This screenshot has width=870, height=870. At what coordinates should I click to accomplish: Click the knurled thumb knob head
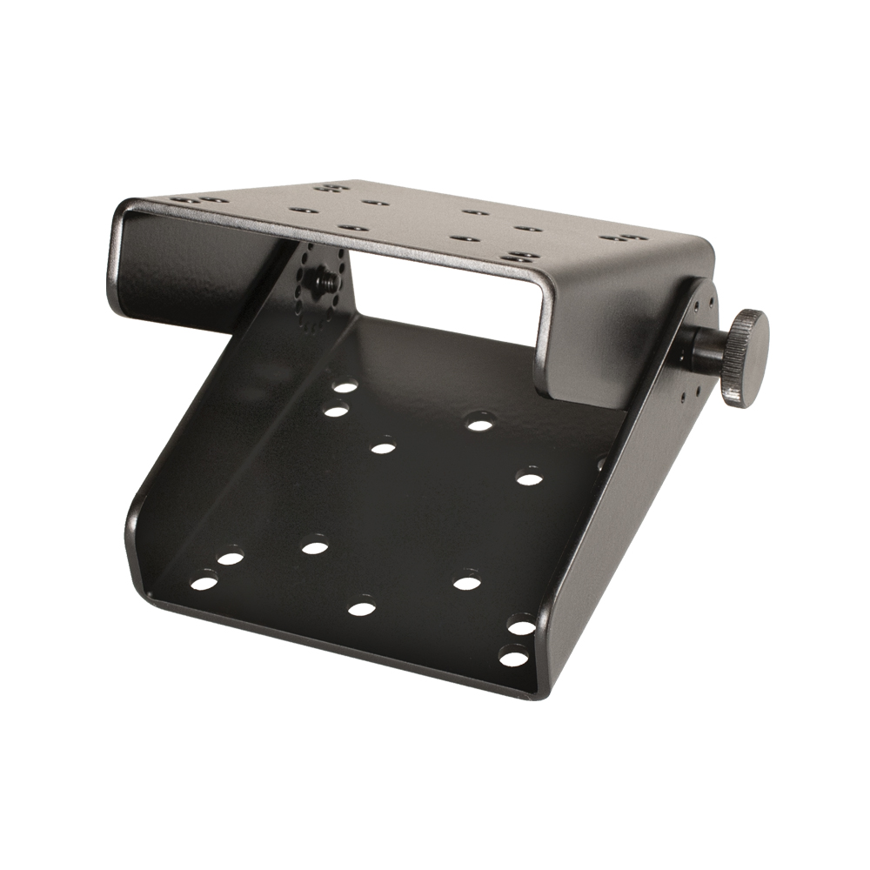coord(746,358)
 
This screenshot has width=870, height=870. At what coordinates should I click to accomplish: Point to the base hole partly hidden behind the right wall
coord(601,461)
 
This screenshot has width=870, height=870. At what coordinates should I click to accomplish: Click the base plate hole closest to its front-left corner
coord(204,580)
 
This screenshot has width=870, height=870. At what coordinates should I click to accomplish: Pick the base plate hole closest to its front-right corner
coord(512,657)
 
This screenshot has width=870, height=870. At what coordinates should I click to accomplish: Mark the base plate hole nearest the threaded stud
coord(345,386)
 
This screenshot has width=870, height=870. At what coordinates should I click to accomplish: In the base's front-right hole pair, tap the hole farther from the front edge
coord(521,626)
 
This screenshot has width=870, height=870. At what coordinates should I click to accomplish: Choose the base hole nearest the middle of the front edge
coord(361,606)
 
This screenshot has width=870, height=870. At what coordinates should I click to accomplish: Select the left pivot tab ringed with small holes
coord(324,287)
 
